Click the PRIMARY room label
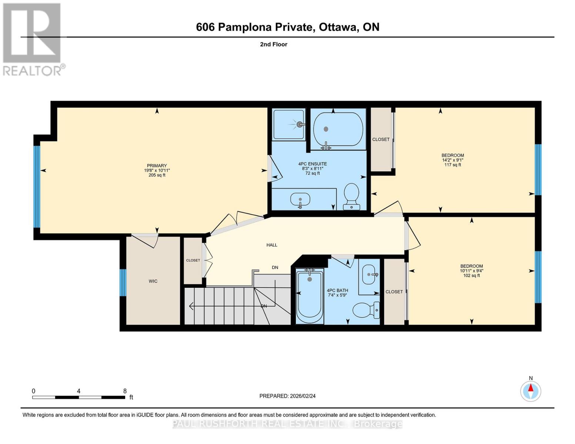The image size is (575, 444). point(157,166)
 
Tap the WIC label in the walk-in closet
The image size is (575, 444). point(153,281)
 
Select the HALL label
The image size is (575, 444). point(272,245)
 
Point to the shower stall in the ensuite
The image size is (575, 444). point(289,125)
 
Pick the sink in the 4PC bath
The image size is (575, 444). point(369,275)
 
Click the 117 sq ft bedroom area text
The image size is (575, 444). point(452,165)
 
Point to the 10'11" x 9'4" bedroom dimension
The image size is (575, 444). point(471,270)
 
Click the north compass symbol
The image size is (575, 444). point(531,390)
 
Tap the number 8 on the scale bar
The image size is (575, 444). point(125,391)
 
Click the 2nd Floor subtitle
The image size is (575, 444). point(273,44)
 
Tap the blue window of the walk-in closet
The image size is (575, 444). point(123,283)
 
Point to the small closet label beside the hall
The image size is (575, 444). point(193,260)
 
